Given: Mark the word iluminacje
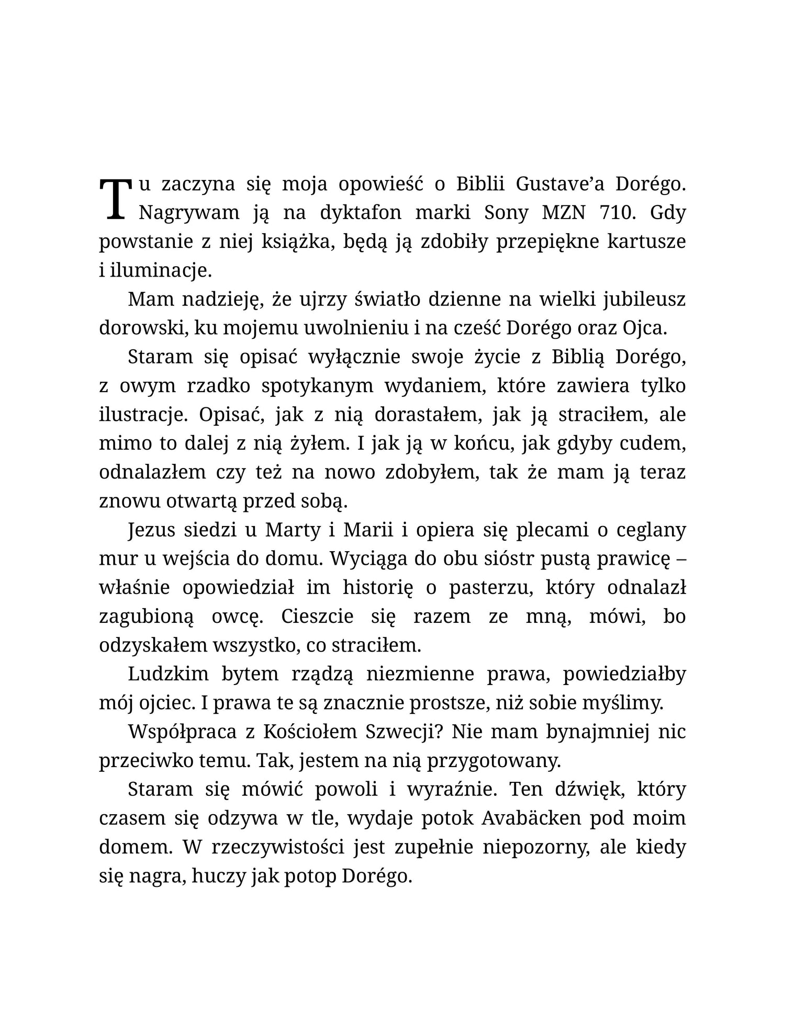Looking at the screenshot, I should point(155,271).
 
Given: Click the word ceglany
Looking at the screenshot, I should point(651,530).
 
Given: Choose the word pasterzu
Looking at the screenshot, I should point(490,588).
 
